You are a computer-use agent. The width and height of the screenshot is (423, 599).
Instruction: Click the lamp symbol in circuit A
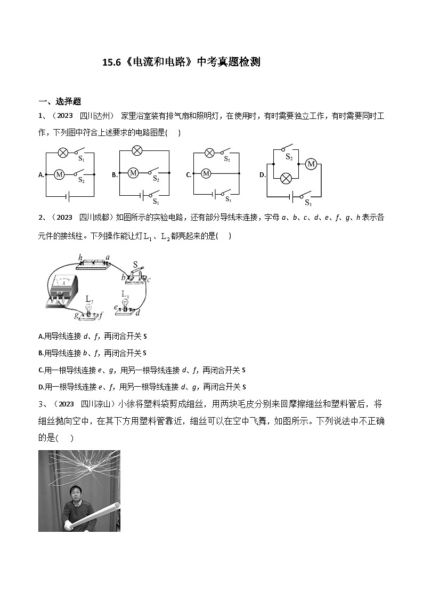tap(62, 153)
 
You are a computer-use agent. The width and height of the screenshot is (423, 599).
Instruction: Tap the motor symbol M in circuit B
tap(133, 173)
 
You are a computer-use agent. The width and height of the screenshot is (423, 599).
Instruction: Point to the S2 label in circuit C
tap(226, 159)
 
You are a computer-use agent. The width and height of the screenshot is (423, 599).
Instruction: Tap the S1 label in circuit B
tap(156, 202)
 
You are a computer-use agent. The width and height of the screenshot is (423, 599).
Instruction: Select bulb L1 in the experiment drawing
tap(126, 302)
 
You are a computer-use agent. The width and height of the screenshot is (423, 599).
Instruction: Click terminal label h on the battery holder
tap(81, 258)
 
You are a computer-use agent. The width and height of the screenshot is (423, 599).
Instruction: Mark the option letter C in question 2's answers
tap(41, 370)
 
